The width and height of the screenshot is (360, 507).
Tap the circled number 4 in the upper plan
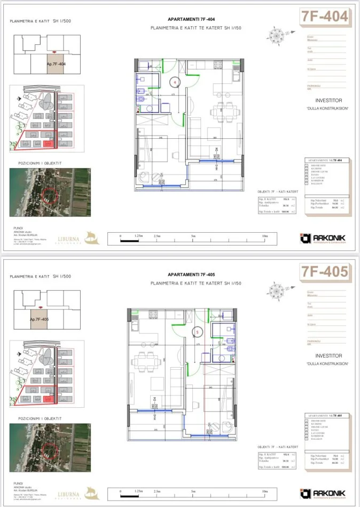[x=174, y=82]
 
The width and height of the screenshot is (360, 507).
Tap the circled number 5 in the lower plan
[x=197, y=331]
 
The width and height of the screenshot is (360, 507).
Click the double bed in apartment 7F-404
[x=153, y=147]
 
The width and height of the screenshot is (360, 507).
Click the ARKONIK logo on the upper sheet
[x=323, y=237]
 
